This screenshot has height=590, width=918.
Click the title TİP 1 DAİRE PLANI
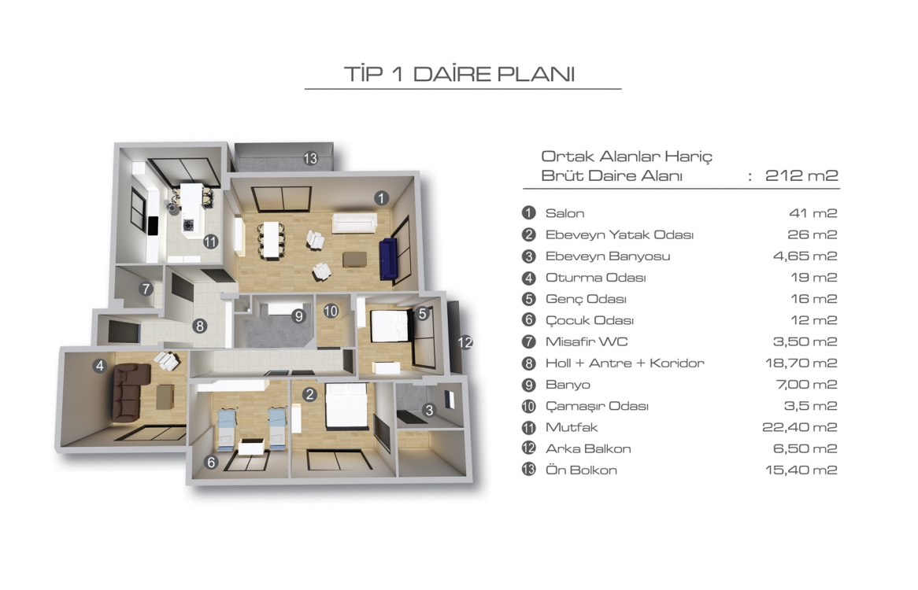460,74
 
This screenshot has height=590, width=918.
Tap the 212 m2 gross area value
801,175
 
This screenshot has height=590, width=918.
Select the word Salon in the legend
564,213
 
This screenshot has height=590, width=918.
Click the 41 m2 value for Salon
813,213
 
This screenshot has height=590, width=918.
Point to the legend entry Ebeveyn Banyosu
608,256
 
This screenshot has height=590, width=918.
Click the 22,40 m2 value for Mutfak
800,427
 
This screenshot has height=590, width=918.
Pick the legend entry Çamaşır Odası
597,406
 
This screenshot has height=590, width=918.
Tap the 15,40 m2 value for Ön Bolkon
801,470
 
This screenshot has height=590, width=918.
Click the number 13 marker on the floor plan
310,158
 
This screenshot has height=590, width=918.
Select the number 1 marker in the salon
381,198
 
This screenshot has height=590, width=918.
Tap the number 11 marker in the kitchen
211,242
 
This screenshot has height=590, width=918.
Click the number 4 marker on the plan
99,366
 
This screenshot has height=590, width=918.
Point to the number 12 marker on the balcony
465,342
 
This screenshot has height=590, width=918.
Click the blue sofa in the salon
388,259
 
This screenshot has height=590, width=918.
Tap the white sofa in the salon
354,223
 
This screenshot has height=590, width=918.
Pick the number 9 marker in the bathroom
298,316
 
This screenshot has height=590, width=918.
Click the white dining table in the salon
271,239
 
